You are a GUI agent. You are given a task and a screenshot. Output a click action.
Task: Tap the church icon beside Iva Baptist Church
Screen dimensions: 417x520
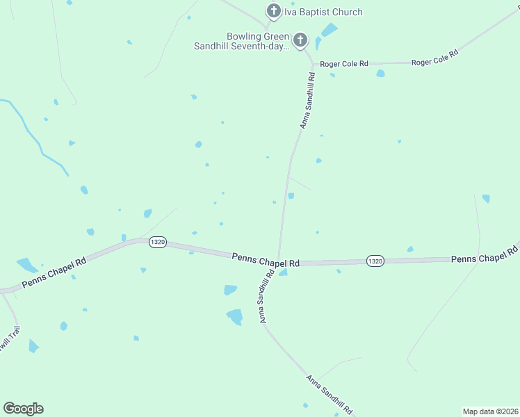273,11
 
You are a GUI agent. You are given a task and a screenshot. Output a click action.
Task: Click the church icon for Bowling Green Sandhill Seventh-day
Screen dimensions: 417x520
300,40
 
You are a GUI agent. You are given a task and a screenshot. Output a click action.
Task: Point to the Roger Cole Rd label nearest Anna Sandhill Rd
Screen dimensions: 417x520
343,64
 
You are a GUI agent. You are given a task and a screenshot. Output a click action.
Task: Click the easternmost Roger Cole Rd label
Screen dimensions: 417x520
434,58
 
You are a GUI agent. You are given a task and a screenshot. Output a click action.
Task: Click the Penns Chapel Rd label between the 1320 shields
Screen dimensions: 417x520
266,260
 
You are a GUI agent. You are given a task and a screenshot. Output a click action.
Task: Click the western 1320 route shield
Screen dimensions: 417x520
157,242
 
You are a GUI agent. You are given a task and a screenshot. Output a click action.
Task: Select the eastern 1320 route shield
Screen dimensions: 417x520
375,261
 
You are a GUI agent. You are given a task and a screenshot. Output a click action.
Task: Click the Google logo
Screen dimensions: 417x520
23,409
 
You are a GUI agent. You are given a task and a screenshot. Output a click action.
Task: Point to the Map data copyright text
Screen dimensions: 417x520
490,411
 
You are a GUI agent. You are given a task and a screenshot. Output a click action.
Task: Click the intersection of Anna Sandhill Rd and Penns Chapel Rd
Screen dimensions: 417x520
278,261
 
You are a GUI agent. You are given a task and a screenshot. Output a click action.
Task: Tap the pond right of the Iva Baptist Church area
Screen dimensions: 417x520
328,30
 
